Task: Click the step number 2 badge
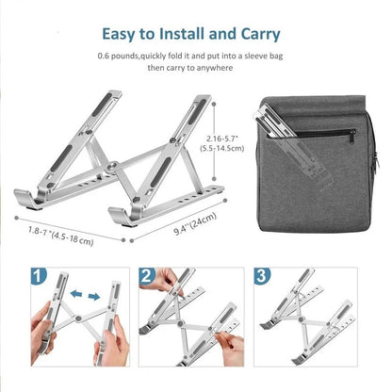[x=146, y=278]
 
